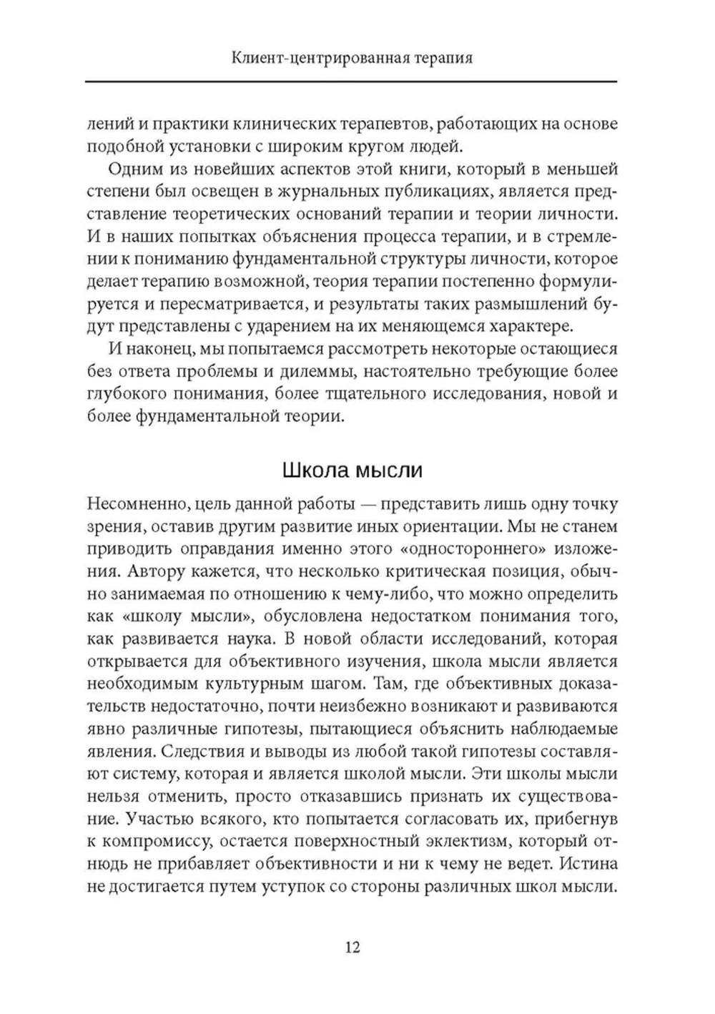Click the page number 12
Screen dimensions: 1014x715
[x=352, y=947]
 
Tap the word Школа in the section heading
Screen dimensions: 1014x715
[x=313, y=471]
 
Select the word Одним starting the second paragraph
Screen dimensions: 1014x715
[x=134, y=169]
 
